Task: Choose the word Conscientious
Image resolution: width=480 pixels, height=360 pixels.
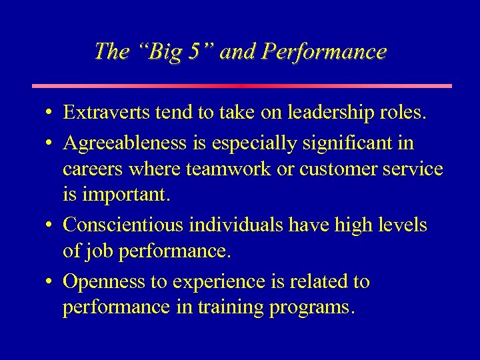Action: (123, 225)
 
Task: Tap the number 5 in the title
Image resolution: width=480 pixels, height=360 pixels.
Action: (193, 52)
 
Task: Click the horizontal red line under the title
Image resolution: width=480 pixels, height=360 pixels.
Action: (242, 86)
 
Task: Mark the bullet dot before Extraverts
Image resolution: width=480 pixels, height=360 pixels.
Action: (49, 114)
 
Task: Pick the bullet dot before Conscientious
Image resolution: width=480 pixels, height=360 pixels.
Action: (49, 226)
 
